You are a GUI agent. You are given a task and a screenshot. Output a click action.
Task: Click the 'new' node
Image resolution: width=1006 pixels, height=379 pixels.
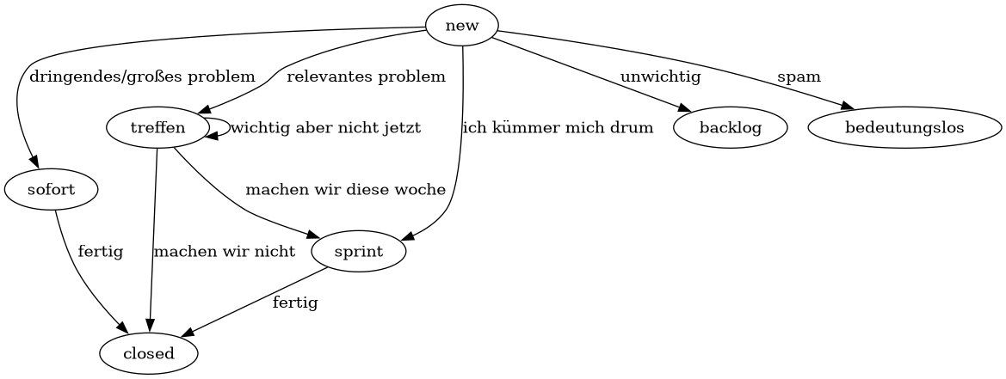pos(462,26)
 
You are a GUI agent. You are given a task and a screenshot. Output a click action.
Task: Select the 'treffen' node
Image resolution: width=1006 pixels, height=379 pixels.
pos(157,128)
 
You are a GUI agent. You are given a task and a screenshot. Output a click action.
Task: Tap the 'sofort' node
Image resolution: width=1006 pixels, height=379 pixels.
pos(51,189)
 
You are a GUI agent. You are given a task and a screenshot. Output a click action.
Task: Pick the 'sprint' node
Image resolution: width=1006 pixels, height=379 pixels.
pos(359,252)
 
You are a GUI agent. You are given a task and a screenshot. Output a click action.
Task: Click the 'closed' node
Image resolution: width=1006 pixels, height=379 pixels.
pos(149,353)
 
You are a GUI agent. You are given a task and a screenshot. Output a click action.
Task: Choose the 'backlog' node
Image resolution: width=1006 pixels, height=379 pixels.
pos(731,128)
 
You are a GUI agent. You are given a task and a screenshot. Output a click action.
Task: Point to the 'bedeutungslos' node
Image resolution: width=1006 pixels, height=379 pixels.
pos(904,128)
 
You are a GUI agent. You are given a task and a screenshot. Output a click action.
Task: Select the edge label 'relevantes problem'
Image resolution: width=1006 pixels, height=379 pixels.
pos(366,76)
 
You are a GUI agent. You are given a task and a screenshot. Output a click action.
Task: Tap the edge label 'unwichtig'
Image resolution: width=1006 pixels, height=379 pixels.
pos(660,76)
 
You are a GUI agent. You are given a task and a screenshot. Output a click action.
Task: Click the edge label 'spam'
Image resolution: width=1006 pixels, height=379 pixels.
pos(799,76)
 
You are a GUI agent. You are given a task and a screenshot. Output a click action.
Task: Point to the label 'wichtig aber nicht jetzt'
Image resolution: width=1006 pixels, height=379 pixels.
pos(325,128)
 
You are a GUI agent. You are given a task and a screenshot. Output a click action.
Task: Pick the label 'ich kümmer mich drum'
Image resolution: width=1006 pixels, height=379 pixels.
pos(558,128)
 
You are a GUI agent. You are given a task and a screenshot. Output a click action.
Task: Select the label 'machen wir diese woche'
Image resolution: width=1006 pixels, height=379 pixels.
pos(345,189)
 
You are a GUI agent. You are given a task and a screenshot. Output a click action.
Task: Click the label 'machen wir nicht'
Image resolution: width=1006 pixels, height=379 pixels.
pos(224,252)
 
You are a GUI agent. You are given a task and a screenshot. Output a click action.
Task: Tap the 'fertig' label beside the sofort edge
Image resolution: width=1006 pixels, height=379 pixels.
pos(100,252)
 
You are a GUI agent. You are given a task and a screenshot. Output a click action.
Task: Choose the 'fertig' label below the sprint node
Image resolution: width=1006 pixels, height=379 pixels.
pos(295,303)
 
